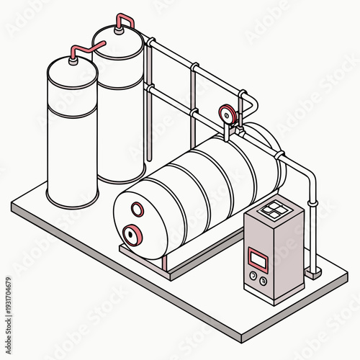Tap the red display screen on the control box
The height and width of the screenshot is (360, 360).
[x=258, y=256]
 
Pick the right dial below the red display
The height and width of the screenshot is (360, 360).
[x=263, y=281]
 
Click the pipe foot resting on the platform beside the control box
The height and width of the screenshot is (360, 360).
[x=313, y=272]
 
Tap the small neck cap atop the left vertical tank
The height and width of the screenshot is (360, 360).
[x=72, y=60]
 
